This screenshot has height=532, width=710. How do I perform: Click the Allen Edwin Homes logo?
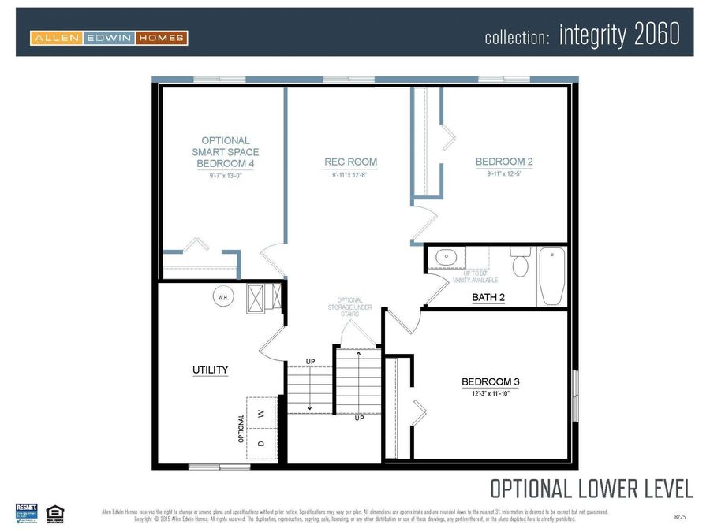tap(108, 37)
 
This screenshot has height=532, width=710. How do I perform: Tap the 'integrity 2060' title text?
tap(618, 35)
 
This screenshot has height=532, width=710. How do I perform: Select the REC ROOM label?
tap(350, 162)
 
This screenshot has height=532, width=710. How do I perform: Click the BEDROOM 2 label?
tap(503, 162)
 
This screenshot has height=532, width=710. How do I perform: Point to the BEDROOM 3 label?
tap(490, 381)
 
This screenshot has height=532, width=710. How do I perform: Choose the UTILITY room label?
tap(211, 369)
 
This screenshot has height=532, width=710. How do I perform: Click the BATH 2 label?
tap(488, 297)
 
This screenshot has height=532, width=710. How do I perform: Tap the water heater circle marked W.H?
tap(223, 297)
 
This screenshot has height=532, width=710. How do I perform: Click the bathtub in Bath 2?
tap(552, 276)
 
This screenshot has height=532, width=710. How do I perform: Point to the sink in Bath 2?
tap(446, 257)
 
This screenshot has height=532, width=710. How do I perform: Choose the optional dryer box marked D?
tap(261, 443)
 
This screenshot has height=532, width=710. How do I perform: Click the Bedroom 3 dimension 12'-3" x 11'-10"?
tap(490, 393)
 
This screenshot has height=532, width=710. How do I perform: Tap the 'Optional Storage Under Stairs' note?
tap(350, 307)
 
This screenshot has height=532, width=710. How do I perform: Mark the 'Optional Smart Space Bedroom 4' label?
tap(226, 151)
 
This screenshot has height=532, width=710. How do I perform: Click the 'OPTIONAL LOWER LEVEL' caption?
tap(591, 489)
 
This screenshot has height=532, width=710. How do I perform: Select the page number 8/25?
tap(680, 516)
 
